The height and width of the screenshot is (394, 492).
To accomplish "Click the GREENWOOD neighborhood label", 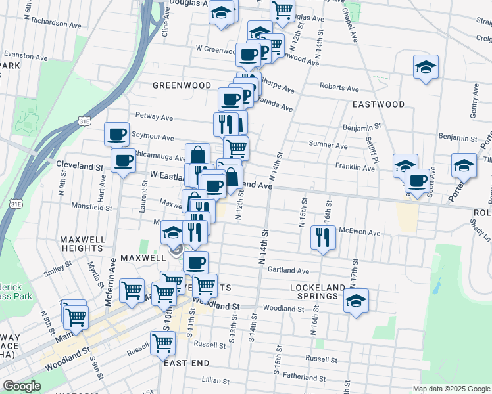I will click(x=182, y=85).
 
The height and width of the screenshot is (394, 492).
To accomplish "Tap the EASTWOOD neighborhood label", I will click(x=378, y=104).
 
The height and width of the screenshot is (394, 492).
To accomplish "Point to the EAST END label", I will click(x=187, y=363).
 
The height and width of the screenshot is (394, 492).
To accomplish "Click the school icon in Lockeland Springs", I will click(x=356, y=300).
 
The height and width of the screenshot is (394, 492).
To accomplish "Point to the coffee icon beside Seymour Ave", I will click(x=117, y=134).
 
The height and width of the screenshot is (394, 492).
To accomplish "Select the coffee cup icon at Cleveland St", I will click(x=123, y=160).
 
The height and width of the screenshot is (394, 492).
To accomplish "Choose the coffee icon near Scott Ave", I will click(x=417, y=180).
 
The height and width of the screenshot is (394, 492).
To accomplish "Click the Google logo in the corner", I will click(x=21, y=386).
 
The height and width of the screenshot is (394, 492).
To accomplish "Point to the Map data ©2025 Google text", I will click(x=451, y=389).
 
